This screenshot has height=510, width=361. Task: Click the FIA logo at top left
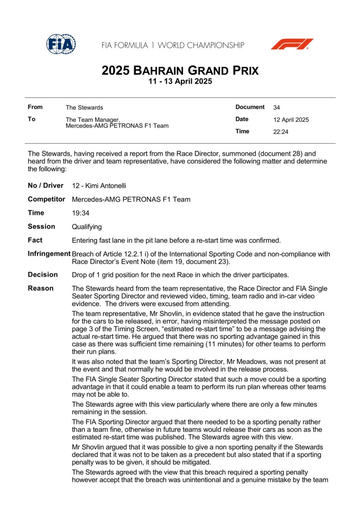(61, 44)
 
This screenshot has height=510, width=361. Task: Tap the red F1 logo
(292, 44)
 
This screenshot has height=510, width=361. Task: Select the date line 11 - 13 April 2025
(180, 82)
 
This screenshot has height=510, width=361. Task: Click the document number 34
(277, 108)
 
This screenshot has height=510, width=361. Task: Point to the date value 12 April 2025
(291, 120)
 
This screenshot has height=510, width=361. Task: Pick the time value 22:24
(281, 132)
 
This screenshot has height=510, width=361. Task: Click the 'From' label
(35, 107)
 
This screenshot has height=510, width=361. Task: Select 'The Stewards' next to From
(84, 108)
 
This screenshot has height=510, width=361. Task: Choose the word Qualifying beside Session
(87, 227)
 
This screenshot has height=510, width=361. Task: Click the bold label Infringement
(49, 254)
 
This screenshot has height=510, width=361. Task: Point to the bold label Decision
(43, 275)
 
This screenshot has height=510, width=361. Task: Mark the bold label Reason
(40, 288)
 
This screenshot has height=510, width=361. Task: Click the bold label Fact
(35, 240)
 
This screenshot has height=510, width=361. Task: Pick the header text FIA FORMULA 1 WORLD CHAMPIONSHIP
(173, 45)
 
